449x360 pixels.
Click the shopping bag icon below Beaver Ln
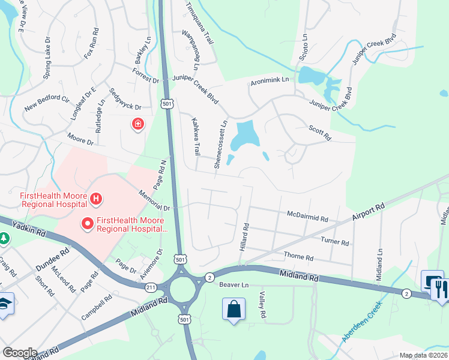tap(234, 310)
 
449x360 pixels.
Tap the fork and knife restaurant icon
tap(439, 289)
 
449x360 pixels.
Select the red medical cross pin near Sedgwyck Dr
tap(138, 124)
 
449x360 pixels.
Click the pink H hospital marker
tap(95, 199)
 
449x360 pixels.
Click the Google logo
tap(20, 353)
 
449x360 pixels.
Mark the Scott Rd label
tap(319, 133)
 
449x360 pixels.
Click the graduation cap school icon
tap(5, 304)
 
